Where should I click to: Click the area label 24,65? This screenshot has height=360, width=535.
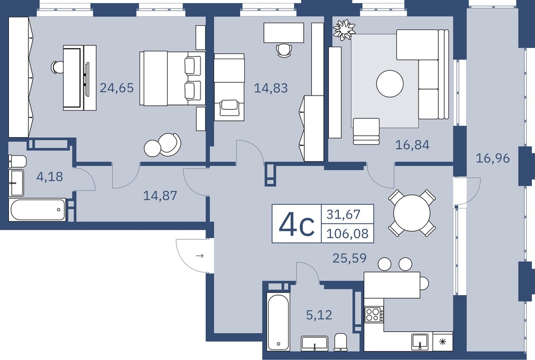[117, 88]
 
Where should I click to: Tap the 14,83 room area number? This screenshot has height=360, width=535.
[271, 88]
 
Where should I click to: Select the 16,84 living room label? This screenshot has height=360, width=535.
[412, 145]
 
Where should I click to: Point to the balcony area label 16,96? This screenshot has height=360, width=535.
[493, 158]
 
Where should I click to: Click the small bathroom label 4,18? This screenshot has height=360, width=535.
[50, 177]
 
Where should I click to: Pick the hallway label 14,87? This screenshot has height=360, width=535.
[160, 196]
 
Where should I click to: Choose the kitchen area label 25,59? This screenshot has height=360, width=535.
[350, 258]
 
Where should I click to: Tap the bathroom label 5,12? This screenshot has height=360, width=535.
[319, 315]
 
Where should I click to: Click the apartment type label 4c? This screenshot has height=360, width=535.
[296, 224]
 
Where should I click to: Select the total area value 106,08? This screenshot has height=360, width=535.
[347, 234]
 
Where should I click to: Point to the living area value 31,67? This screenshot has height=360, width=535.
[343, 214]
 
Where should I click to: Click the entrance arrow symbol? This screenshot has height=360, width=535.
[200, 255]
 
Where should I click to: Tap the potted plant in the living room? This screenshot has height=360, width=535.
[344, 30]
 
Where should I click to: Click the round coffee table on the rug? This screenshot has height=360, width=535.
[390, 83]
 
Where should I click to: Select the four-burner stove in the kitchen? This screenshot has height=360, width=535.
[374, 314]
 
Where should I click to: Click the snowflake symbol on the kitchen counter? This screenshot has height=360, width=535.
[443, 342]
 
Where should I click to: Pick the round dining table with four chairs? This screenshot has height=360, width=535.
[412, 213]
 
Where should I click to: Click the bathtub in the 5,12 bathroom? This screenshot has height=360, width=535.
[278, 322]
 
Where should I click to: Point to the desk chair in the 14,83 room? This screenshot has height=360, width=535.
[284, 50]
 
